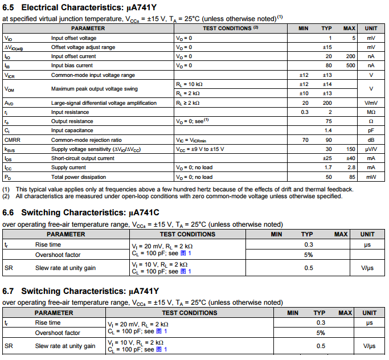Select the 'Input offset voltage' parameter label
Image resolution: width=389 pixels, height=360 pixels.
(74, 38)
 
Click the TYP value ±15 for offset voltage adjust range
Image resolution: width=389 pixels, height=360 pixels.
(327, 47)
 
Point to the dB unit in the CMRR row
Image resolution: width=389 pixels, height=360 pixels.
(371, 140)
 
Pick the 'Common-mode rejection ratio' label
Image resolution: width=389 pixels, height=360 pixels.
(87, 140)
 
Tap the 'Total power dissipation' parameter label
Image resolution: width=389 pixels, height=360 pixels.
(79, 177)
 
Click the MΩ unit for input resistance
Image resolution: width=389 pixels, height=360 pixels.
(371, 112)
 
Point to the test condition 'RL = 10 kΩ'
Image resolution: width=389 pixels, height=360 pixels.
(189, 84)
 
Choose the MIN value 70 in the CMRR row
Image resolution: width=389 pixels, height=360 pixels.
(305, 140)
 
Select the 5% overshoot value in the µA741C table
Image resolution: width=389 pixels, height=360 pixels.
(308, 255)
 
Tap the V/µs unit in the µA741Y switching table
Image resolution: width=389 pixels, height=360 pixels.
(369, 346)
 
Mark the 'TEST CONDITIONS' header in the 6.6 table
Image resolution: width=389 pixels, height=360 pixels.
(187, 234)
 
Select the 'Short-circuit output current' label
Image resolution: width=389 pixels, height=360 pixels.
(83, 158)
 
